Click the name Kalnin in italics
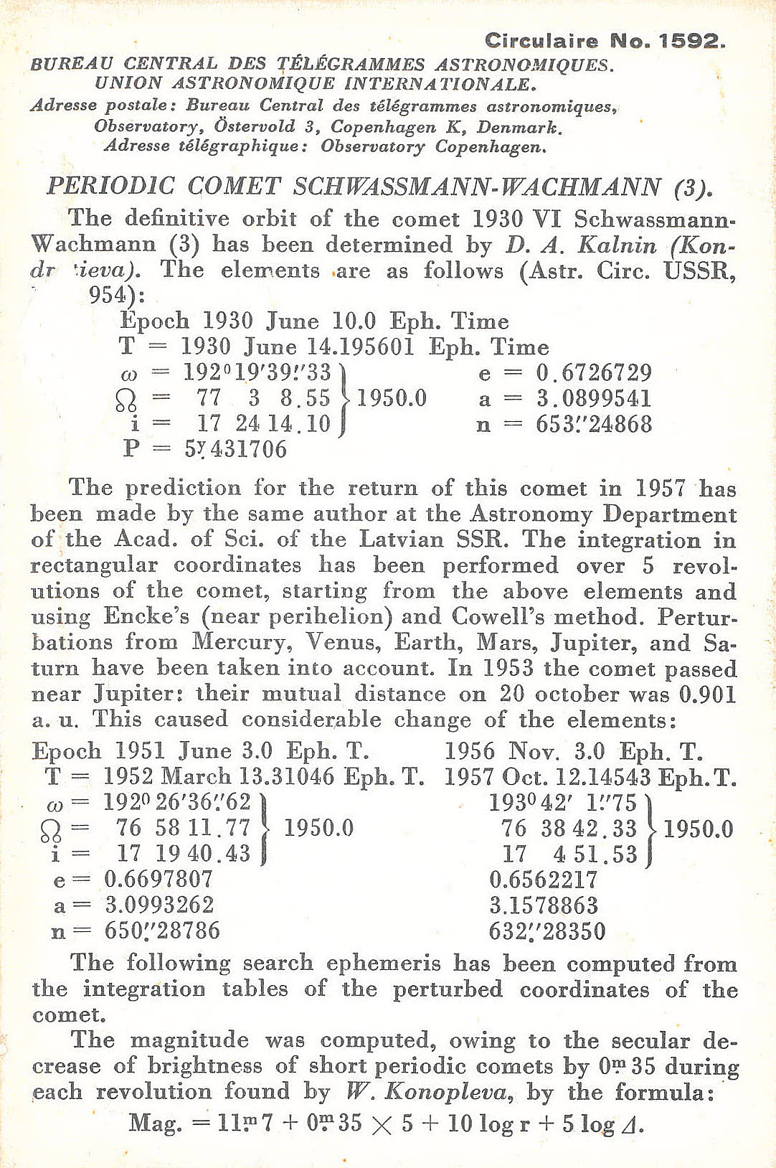[617, 245]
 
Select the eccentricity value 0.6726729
[594, 372]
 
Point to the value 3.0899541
[594, 398]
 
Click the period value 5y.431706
[236, 449]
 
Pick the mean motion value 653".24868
[594, 424]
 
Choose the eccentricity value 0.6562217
[543, 880]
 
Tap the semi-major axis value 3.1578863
[543, 905]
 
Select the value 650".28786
[162, 931]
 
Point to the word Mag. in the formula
[155, 1123]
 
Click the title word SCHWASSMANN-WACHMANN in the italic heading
[477, 187]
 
